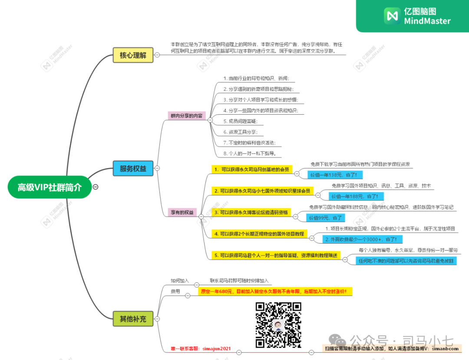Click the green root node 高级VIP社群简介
[50, 187]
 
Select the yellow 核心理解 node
[133, 55]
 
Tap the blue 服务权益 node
[133, 168]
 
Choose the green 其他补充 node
[133, 319]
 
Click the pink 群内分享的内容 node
[186, 116]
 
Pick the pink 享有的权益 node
[182, 212]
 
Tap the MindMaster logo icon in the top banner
[392, 16]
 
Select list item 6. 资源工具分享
[240, 132]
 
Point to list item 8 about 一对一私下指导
[249, 154]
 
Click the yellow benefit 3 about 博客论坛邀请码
[251, 212]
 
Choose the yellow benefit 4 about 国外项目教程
[259, 234]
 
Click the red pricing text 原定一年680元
[275, 291]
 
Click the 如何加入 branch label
[180, 281]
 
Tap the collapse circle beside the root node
[96, 187]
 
